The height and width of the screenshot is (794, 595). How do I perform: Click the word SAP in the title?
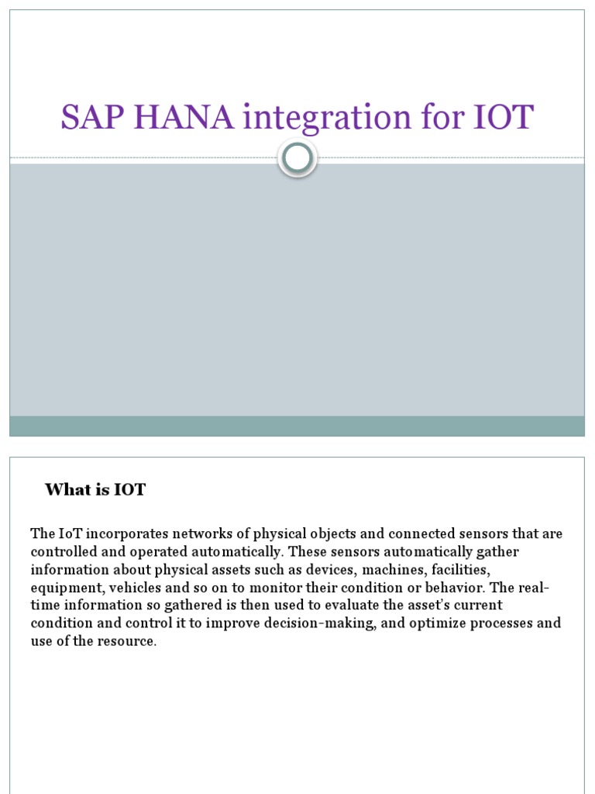93,117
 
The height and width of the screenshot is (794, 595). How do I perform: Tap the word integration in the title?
324,119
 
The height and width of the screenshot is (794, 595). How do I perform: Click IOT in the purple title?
501,117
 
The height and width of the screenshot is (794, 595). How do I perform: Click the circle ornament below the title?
297,158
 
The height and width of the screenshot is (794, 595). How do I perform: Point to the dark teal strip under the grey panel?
297,426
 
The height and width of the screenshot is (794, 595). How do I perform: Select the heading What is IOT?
95,489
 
